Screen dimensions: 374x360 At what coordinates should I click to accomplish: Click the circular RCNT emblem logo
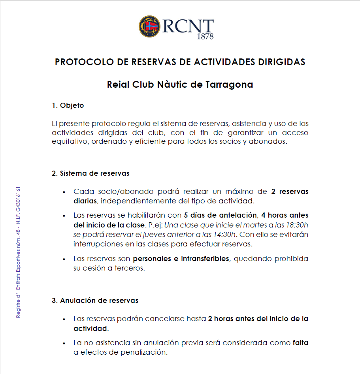pyautogui.click(x=149, y=26)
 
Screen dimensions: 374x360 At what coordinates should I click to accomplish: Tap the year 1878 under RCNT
pyautogui.click(x=205, y=37)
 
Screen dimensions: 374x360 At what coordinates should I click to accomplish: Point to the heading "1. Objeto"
pyautogui.click(x=68, y=105)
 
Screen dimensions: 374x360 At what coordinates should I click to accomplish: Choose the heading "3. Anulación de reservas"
pyautogui.click(x=95, y=301)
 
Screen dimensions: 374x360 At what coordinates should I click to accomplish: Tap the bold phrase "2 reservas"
pyautogui.click(x=290, y=192)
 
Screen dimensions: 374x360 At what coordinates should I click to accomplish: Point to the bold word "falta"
pyautogui.click(x=300, y=343)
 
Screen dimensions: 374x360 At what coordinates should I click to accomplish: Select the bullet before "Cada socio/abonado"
pyautogui.click(x=64, y=192)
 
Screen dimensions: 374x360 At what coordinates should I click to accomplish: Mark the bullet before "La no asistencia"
pyautogui.click(x=64, y=343)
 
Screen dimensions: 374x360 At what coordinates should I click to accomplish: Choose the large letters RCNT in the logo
pyautogui.click(x=188, y=26)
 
